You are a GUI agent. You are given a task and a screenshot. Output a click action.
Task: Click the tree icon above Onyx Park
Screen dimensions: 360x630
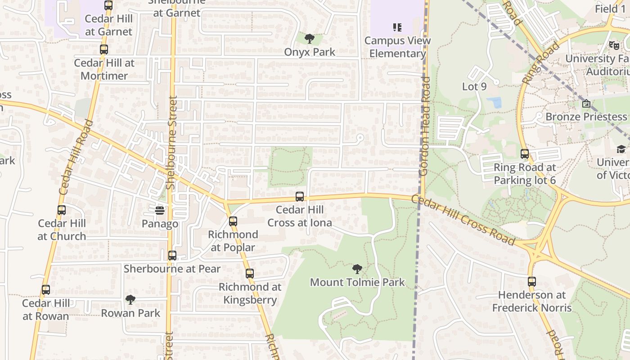(x=309, y=39)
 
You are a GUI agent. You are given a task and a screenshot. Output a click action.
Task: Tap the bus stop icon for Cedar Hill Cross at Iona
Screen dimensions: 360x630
(x=300, y=197)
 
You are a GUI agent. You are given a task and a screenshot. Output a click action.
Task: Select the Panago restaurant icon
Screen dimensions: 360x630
(x=160, y=210)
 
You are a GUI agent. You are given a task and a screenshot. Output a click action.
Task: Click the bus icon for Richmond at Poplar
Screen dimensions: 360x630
(x=233, y=221)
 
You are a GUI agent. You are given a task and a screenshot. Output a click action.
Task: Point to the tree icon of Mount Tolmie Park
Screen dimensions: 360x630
(x=357, y=269)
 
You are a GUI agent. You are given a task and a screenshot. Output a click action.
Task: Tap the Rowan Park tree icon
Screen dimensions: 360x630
(x=130, y=299)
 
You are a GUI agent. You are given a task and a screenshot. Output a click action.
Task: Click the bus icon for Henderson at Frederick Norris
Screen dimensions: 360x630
(x=532, y=282)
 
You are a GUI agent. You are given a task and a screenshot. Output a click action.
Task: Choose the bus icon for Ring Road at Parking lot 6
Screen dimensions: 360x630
(x=525, y=154)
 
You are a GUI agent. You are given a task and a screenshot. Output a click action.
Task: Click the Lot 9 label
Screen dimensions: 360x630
(x=474, y=86)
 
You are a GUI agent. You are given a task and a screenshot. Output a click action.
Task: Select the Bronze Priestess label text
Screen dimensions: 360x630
(x=586, y=117)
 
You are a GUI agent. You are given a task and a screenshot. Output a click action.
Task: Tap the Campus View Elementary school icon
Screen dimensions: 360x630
(x=397, y=27)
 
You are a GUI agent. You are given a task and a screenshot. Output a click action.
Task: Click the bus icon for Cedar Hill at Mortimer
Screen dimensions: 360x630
(x=104, y=49)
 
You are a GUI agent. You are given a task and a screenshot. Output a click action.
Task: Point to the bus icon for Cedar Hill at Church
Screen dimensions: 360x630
(x=62, y=210)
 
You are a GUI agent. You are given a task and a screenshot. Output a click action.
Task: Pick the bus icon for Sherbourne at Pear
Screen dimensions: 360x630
(x=172, y=256)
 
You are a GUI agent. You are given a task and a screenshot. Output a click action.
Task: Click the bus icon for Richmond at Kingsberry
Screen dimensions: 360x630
(x=250, y=273)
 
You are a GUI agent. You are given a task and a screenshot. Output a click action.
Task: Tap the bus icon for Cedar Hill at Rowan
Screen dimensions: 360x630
(x=46, y=290)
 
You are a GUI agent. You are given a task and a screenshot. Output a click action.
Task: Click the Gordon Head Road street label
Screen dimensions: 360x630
(x=424, y=126)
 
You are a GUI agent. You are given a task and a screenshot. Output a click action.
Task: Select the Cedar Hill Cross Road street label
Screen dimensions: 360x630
(x=463, y=220)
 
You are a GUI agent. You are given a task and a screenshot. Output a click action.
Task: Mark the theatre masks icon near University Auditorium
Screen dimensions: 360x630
(x=614, y=45)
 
